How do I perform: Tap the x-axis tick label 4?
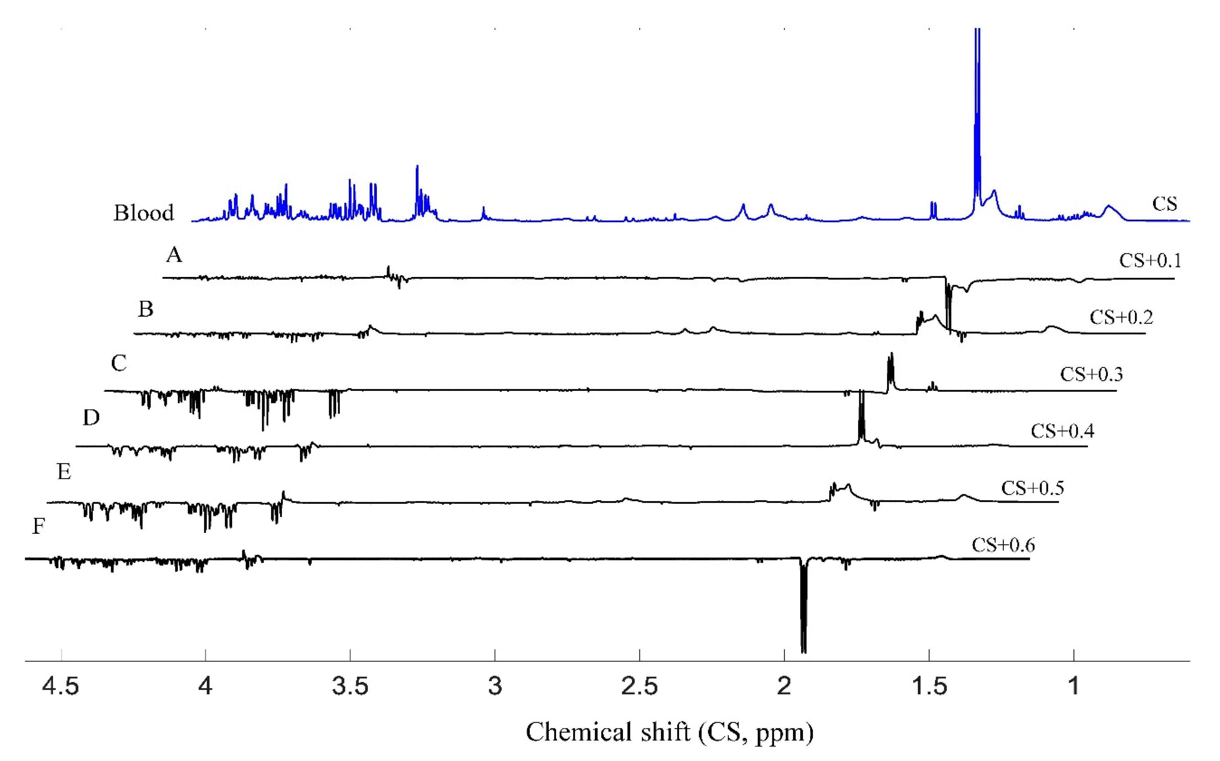coord(205,686)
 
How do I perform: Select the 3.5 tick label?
coord(350,686)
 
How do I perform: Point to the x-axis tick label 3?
coord(495,686)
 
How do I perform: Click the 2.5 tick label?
coord(640,686)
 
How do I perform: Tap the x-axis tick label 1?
coord(1074,686)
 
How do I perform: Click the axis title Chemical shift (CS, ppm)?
coord(669,732)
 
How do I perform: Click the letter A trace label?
coord(174,255)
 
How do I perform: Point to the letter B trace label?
coord(145,309)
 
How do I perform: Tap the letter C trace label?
coord(119,363)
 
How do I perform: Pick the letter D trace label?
coord(91,417)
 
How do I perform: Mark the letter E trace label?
coord(64,472)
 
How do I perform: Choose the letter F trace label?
coord(39,526)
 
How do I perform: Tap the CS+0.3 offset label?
coord(1091,374)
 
